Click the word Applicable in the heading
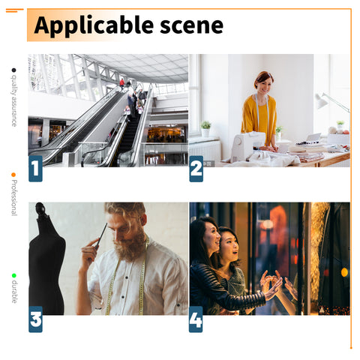pyautogui.click(x=94, y=26)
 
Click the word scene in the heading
pyautogui.click(x=191, y=25)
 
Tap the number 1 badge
pyautogui.click(x=35, y=169)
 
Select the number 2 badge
pyautogui.click(x=196, y=169)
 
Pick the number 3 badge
pyautogui.click(x=35, y=319)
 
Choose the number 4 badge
pyautogui.click(x=196, y=319)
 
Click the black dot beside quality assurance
pyautogui.click(x=13, y=70)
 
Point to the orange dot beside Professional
pyautogui.click(x=13, y=175)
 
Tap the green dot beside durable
pyautogui.click(x=14, y=275)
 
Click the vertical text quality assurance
pyautogui.click(x=14, y=100)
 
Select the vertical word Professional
pyautogui.click(x=14, y=198)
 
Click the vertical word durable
pyautogui.click(x=14, y=292)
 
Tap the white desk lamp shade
pyautogui.click(x=321, y=100)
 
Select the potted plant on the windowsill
pyautogui.click(x=205, y=128)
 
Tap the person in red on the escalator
pyautogui.click(x=121, y=84)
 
